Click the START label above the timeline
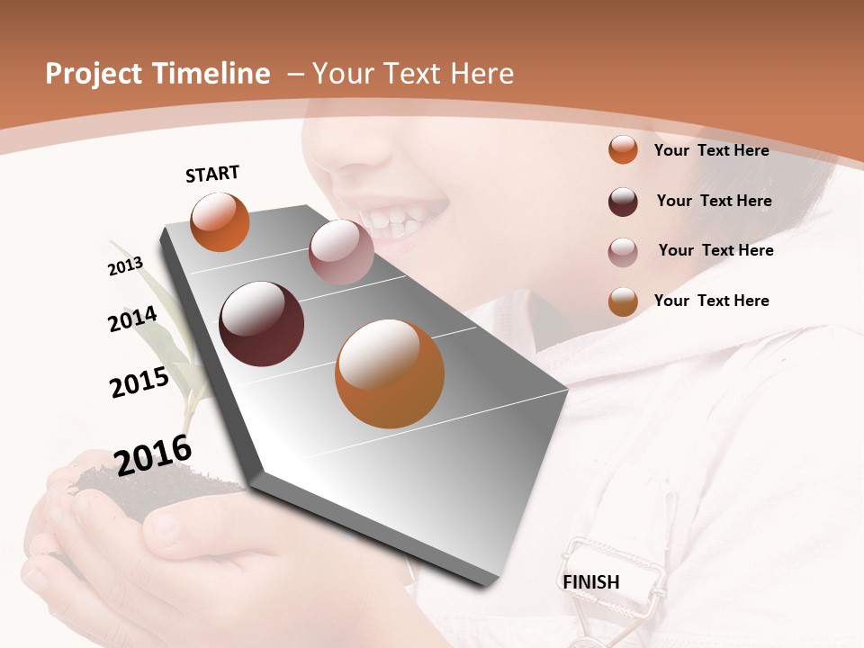212,174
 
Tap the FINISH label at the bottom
591,581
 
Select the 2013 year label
125,266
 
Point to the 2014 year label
132,319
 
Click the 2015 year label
139,382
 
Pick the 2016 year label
153,455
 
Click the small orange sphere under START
220,222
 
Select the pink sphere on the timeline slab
341,252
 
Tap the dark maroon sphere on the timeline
261,324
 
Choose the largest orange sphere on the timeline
390,373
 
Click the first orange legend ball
623,149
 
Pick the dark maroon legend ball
623,202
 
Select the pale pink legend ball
623,252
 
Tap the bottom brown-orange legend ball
623,301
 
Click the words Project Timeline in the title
157,74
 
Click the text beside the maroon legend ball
714,201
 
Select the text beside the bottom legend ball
711,301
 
